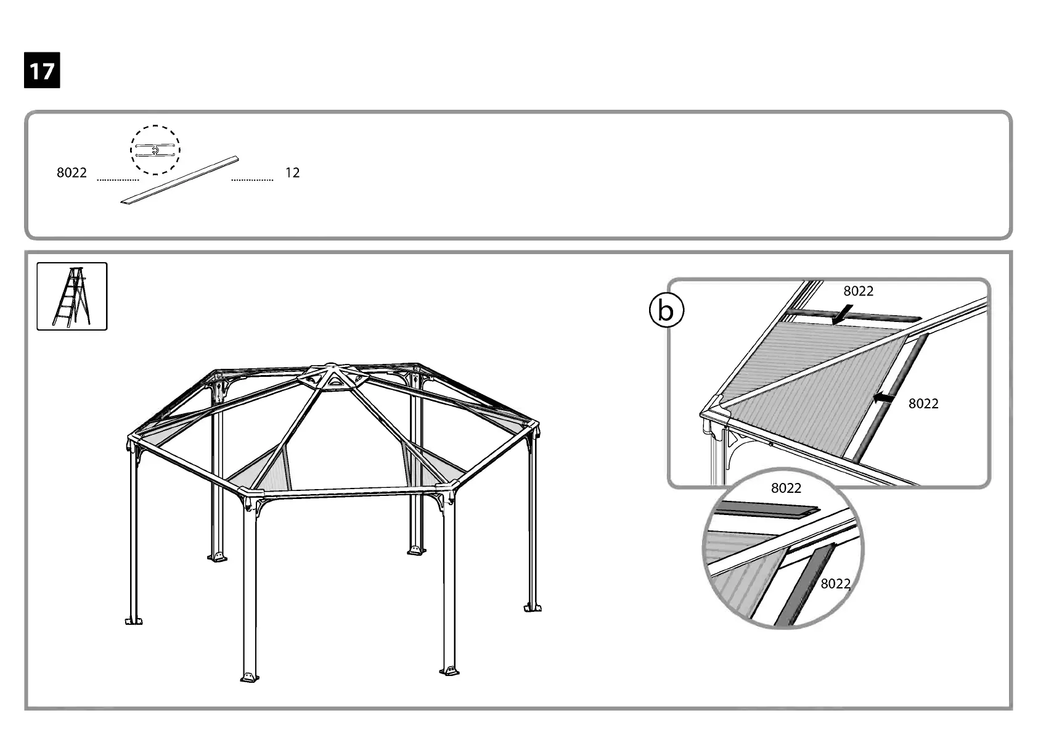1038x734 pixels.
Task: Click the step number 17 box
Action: pos(42,71)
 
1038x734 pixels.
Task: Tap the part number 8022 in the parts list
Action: pos(72,173)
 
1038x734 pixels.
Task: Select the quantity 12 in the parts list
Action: pos(292,173)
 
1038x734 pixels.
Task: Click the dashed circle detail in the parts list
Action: pos(155,150)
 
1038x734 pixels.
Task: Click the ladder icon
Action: pos(72,296)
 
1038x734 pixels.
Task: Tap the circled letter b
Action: pos(666,311)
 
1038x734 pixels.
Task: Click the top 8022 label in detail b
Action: pos(858,291)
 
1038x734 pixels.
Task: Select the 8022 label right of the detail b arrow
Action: pos(923,403)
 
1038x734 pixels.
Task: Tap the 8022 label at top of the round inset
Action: pos(786,488)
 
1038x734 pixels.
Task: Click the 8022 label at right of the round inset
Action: pos(835,583)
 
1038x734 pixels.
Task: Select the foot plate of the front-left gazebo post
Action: pos(249,677)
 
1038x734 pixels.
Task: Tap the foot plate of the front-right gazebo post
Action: pos(449,670)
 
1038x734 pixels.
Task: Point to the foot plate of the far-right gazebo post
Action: pos(533,607)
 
